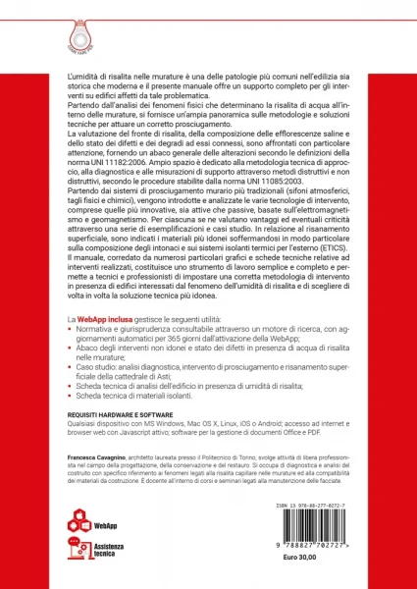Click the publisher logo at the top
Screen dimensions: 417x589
(x=207, y=23)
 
